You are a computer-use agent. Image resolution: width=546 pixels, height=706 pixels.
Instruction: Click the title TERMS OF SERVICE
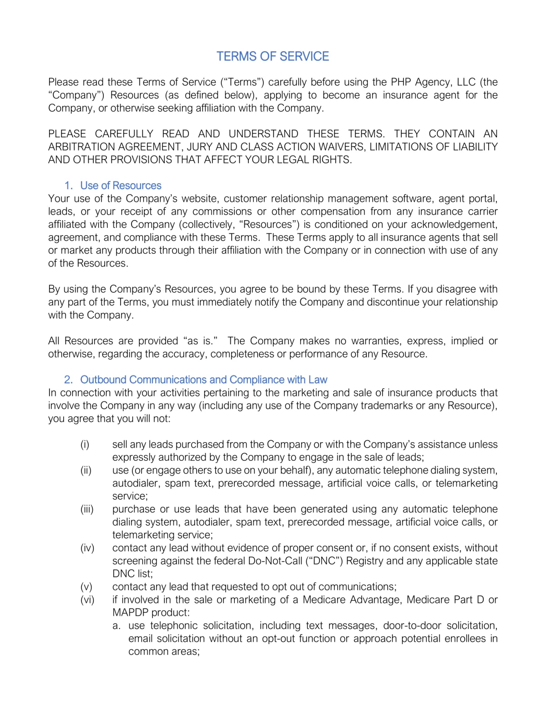pos(273,56)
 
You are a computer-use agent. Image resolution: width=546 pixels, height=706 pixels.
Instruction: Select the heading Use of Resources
pos(121,186)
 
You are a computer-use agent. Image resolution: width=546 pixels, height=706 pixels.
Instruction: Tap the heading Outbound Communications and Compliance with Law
pos(203,380)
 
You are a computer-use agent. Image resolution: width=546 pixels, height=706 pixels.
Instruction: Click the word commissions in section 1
pos(222,212)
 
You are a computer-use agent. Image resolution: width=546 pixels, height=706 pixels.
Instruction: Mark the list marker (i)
pos(85,444)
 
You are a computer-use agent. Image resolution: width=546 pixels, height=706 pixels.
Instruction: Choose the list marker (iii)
pos(87,509)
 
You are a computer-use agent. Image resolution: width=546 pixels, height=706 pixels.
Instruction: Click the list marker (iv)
pos(87,548)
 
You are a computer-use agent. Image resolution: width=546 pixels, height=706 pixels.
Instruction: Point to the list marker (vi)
pos(87,600)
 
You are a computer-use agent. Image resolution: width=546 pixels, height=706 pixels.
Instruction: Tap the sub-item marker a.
pos(116,626)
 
